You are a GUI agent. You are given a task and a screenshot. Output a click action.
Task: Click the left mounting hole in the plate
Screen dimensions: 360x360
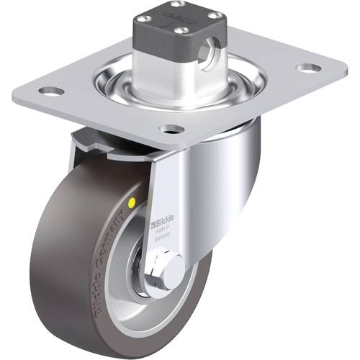[50, 91]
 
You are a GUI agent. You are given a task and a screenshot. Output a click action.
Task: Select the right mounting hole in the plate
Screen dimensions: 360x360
[308, 68]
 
